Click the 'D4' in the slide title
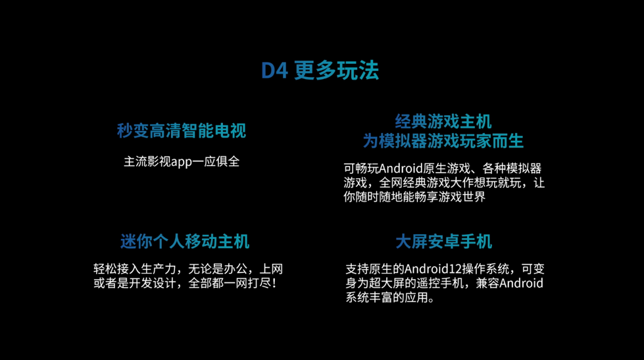click(274, 70)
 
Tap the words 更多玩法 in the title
click(337, 70)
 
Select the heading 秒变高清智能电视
click(182, 131)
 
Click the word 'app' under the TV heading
click(182, 162)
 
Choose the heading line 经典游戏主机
click(443, 122)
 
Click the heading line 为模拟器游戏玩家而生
click(443, 141)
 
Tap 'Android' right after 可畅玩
click(401, 168)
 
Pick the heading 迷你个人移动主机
click(185, 242)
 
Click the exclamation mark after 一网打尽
click(274, 284)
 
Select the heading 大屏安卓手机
click(443, 242)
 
